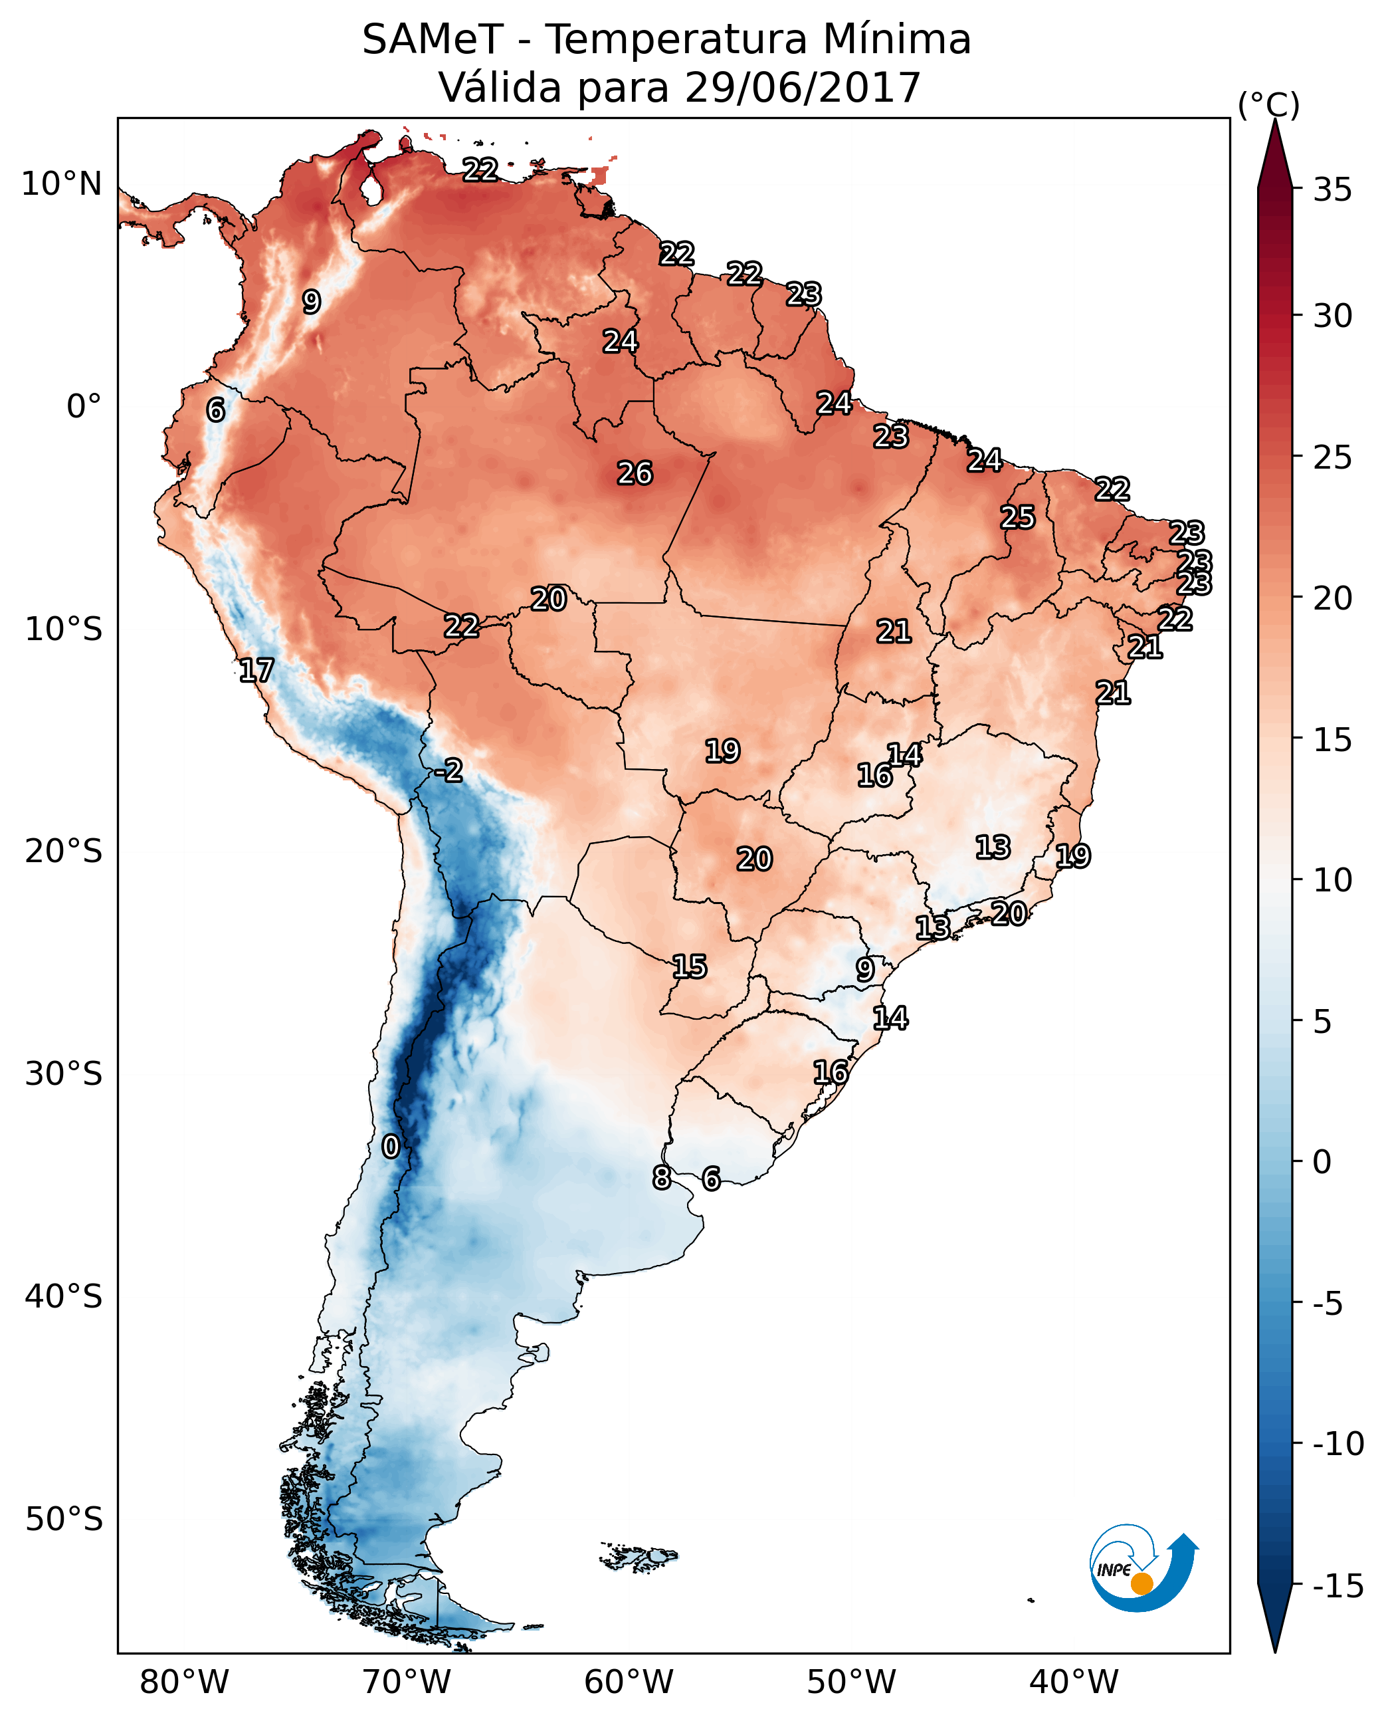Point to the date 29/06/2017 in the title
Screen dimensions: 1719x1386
[x=803, y=88]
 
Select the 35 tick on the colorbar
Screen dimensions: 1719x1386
[x=1332, y=190]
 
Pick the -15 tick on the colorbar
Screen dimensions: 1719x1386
[x=1337, y=1587]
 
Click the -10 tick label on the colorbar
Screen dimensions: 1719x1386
[x=1337, y=1444]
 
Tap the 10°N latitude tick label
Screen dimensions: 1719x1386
[x=62, y=185]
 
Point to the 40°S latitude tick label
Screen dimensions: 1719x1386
[x=63, y=1296]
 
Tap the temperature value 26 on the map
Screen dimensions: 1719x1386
[x=635, y=474]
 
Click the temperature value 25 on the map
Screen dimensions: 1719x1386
[x=1018, y=518]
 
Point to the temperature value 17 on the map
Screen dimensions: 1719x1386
[x=256, y=670]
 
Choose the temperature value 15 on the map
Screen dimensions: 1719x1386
[x=689, y=967]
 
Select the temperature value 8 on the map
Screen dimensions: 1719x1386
[x=661, y=1177]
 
